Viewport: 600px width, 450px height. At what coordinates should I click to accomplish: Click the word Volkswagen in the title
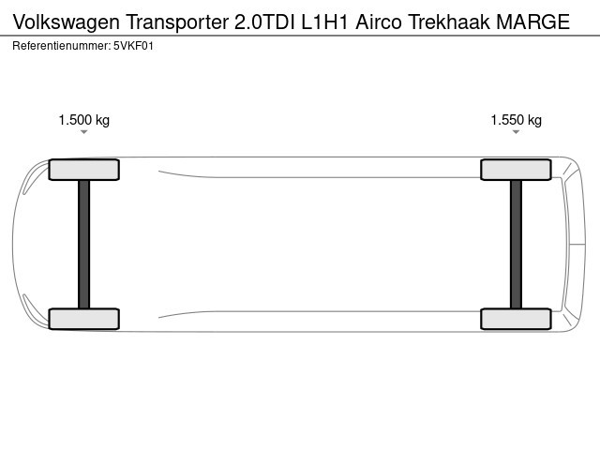[67, 22]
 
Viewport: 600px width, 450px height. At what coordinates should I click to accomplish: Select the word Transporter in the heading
[177, 22]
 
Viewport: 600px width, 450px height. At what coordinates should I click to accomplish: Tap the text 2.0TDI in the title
[264, 22]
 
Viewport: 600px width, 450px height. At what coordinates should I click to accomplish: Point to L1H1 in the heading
[325, 22]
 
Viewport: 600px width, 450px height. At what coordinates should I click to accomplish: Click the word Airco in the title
[379, 22]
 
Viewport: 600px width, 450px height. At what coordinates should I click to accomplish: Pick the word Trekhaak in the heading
[448, 22]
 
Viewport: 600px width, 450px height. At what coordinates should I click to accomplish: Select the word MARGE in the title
[533, 22]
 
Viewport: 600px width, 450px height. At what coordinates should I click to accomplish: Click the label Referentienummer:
[62, 46]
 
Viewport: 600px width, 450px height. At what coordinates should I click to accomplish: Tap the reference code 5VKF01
[133, 46]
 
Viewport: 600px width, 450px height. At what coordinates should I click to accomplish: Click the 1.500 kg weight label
[83, 120]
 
